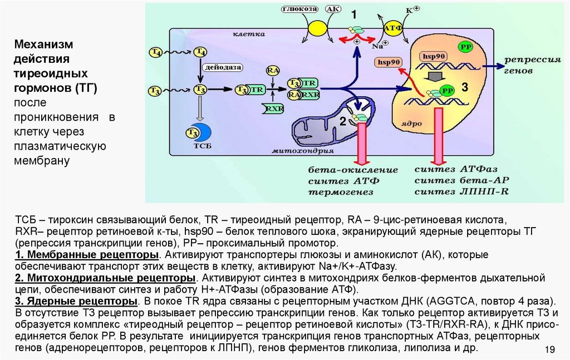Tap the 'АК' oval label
tap(332, 9)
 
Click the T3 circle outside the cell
tap(155, 89)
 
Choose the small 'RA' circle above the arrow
tap(273, 71)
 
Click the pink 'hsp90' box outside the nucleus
tap(387, 63)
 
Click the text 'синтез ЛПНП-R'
tap(461, 191)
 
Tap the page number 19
tap(549, 349)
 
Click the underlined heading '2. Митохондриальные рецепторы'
tap(106, 277)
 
